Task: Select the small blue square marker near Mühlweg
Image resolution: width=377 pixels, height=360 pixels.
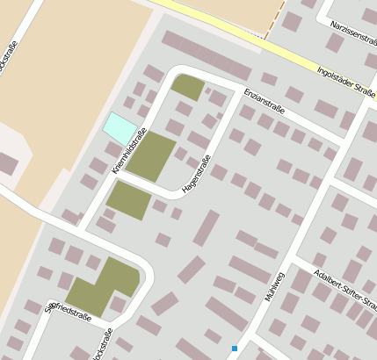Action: [235, 349]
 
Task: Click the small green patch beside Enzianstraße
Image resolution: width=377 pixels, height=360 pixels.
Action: [187, 87]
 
